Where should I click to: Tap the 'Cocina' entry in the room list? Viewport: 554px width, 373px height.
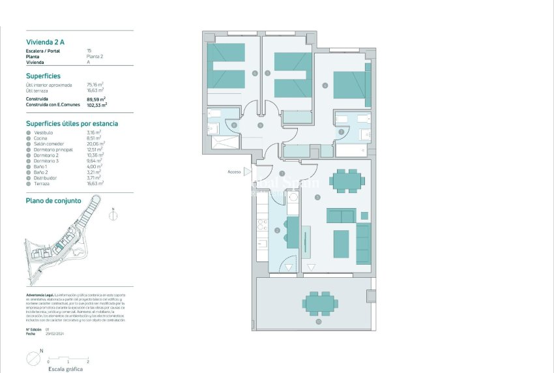(43, 138)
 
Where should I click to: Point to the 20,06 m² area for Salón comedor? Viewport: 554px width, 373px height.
(96, 143)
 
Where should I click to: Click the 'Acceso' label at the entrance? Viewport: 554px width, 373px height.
(234, 172)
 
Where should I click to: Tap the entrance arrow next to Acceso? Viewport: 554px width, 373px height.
(247, 172)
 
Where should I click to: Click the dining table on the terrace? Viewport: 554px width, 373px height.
(319, 303)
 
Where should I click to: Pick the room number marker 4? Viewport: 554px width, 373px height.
(325, 85)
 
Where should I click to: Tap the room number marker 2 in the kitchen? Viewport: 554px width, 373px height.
(277, 230)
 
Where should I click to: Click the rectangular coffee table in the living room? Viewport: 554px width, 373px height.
(341, 243)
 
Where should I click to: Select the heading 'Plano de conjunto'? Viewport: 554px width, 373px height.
(53, 201)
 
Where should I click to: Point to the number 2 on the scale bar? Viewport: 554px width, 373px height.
(87, 361)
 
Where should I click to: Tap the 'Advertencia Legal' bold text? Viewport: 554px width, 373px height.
(40, 295)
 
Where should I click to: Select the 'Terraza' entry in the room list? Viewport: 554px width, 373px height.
(44, 183)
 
